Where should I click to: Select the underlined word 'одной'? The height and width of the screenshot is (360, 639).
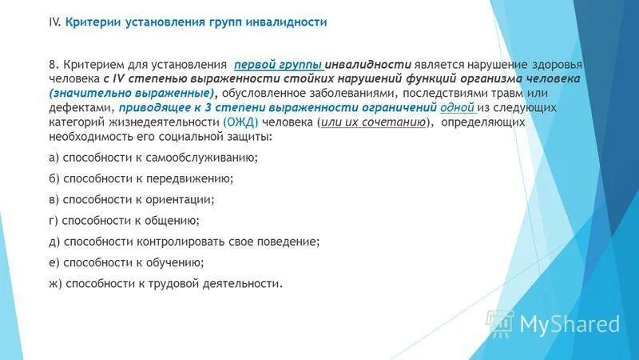point(458,108)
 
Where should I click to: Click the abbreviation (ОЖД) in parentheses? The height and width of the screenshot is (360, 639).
point(240,122)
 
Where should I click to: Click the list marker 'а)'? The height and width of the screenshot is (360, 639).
point(54,158)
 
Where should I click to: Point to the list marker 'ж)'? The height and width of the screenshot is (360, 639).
point(56,283)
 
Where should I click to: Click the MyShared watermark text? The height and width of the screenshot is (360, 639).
point(570,324)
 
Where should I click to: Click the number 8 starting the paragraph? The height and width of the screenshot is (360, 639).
point(53,65)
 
